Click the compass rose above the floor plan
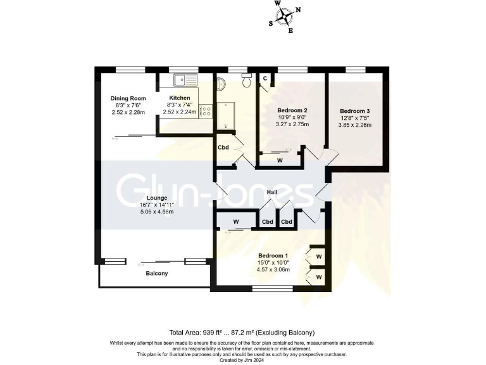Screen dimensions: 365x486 [x=287, y=16]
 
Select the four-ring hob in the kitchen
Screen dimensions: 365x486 [x=206, y=111]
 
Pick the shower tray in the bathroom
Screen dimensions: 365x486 [x=225, y=119]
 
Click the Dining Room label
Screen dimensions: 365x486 [x=128, y=98]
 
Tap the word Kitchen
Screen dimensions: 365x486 [x=180, y=98]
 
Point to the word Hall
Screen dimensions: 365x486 [x=272, y=192]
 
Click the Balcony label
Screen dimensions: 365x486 [x=157, y=273]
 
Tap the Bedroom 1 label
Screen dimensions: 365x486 [x=272, y=255]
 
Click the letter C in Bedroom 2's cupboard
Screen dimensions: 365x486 [x=265, y=79]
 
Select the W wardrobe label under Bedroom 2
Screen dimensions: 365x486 [x=280, y=160]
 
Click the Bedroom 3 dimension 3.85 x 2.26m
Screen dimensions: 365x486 [x=354, y=125]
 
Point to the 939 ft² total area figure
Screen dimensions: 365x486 [x=212, y=333]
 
